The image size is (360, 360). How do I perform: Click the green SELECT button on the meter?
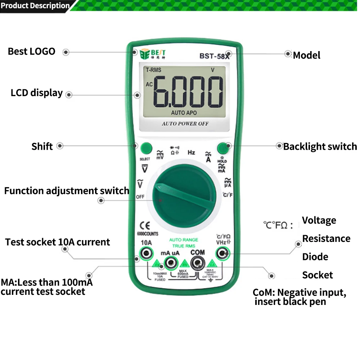point(146,148)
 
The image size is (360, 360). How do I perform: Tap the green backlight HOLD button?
point(222,148)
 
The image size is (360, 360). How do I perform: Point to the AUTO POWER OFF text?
point(185,123)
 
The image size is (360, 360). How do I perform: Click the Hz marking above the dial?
point(191,153)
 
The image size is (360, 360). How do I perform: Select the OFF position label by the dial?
point(140,197)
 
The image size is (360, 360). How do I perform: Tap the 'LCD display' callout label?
point(37,93)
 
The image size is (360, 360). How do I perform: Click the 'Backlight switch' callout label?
point(320,147)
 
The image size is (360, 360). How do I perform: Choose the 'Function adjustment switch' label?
point(67,191)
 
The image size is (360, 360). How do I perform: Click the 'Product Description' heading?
point(35,5)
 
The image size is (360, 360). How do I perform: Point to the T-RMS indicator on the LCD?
point(153,70)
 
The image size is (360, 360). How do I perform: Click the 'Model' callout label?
point(306,55)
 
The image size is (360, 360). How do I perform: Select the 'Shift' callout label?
point(42,146)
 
